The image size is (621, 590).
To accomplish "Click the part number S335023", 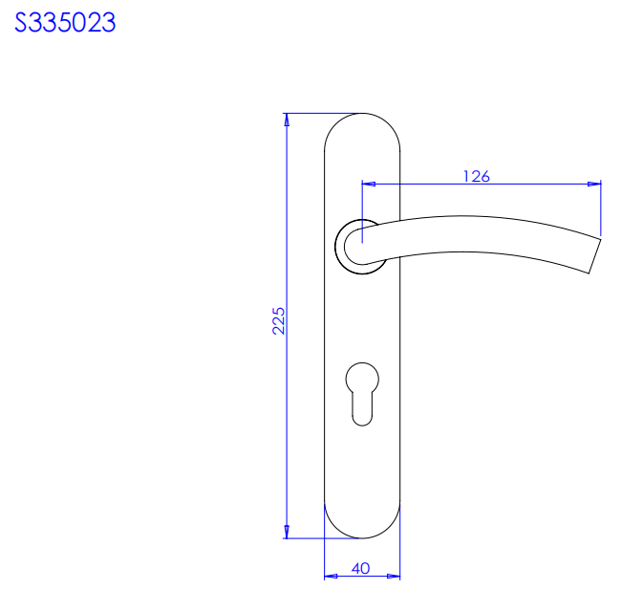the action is point(65,22).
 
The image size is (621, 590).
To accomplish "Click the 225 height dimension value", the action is point(278,320).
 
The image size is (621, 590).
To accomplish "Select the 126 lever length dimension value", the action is point(477,176).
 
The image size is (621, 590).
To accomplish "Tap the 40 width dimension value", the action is point(361,569).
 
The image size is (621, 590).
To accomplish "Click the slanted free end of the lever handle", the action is point(595,255).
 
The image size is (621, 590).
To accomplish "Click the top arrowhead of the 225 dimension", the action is point(287,120).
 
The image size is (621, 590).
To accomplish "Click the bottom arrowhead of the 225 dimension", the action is point(287,532).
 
